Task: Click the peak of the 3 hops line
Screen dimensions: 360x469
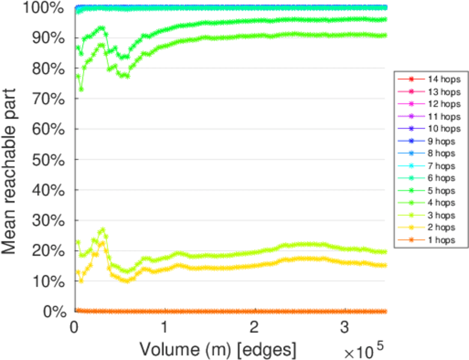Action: point(103,230)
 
